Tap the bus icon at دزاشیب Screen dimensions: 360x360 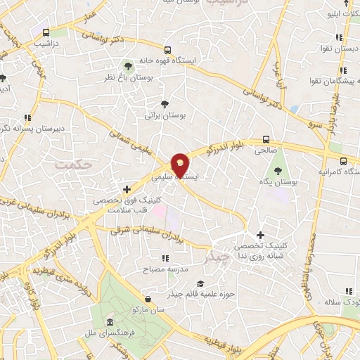pyautogui.click(x=46, y=32)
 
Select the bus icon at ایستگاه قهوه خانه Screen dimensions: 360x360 pyautogui.click(x=167, y=50)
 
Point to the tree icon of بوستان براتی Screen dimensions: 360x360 pyautogui.click(x=165, y=103)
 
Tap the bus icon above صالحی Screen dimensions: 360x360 pyautogui.click(x=266, y=139)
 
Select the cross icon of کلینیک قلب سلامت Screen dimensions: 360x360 pyautogui.click(x=127, y=188)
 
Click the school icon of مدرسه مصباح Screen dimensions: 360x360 pyautogui.click(x=166, y=259)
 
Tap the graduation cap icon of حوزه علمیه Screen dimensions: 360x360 pyautogui.click(x=200, y=284)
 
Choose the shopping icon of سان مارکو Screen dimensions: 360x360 pyautogui.click(x=146, y=298)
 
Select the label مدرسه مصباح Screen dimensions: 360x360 pyautogui.click(x=165, y=269)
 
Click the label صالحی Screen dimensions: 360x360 pyautogui.click(x=266, y=150)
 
